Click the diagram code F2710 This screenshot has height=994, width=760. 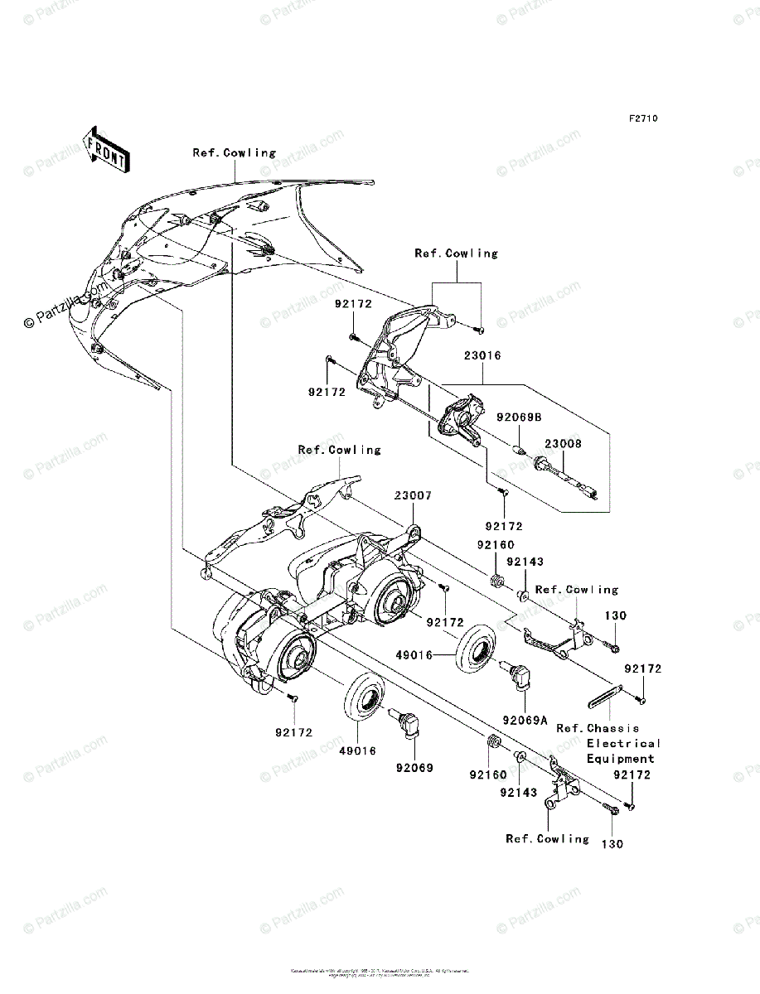click(x=642, y=119)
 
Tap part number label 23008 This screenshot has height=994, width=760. click(x=563, y=444)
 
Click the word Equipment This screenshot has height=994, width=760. click(x=621, y=759)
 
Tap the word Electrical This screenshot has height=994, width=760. click(x=623, y=744)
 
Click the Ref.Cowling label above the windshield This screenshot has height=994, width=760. click(x=235, y=152)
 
